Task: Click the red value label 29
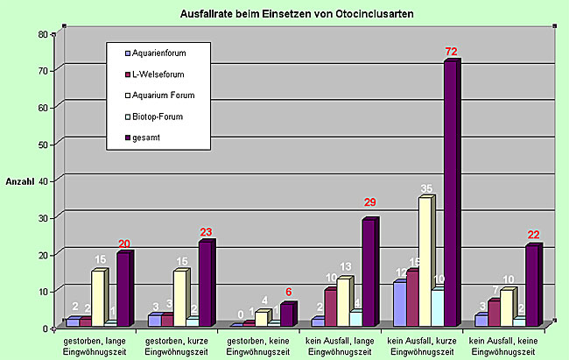(x=369, y=203)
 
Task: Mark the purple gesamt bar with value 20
(x=123, y=290)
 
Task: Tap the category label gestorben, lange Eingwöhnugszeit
(x=100, y=344)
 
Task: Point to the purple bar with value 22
(x=532, y=286)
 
